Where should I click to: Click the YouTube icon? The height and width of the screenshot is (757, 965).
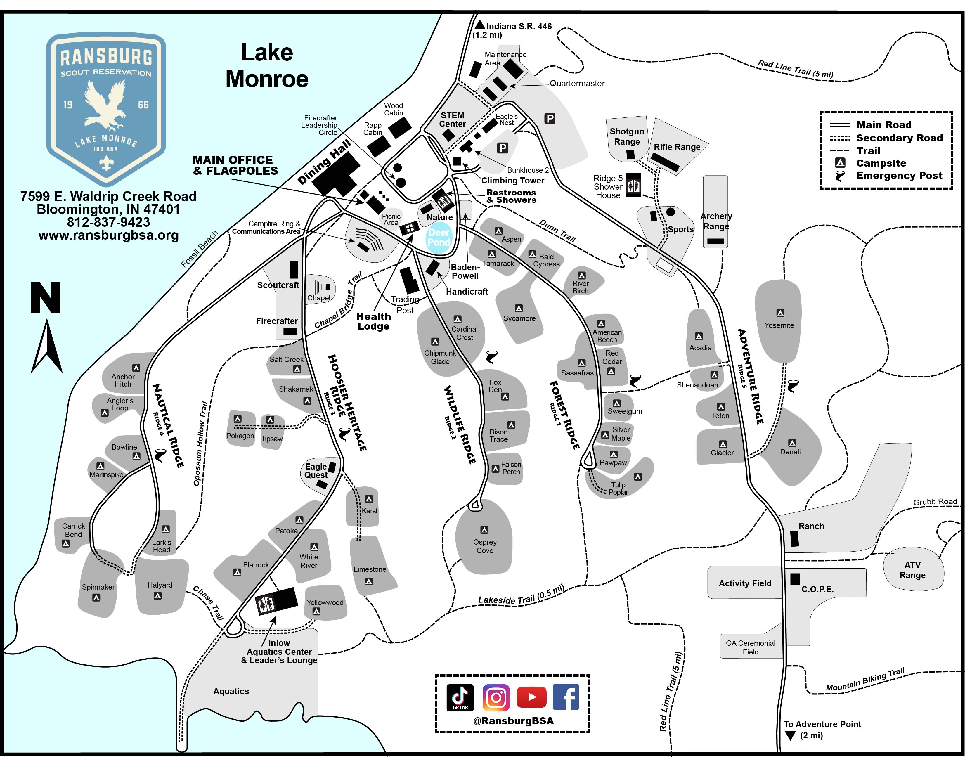pos(531,697)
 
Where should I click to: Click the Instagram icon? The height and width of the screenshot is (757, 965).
pos(496,697)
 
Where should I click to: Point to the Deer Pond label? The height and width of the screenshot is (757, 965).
pos(439,238)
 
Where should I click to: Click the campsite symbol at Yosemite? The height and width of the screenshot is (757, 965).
pos(780,313)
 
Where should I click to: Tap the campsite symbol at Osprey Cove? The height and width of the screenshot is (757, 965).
pos(484,530)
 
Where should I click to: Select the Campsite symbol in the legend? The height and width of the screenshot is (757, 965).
pos(840,163)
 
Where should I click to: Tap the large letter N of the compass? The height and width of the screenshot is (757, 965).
pos(46,298)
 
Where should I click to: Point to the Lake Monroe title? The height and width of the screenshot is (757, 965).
pos(267,66)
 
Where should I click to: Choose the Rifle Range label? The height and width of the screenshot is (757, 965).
pos(677,147)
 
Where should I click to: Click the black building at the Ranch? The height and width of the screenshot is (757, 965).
pos(794,538)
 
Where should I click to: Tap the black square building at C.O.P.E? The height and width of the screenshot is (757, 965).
pos(795,578)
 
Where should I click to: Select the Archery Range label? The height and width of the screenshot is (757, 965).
pos(716,221)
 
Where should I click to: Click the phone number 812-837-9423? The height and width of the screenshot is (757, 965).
pos(109,222)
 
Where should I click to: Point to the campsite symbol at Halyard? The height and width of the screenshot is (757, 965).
pos(157,596)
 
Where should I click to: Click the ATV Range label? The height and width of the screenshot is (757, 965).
pos(912,570)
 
